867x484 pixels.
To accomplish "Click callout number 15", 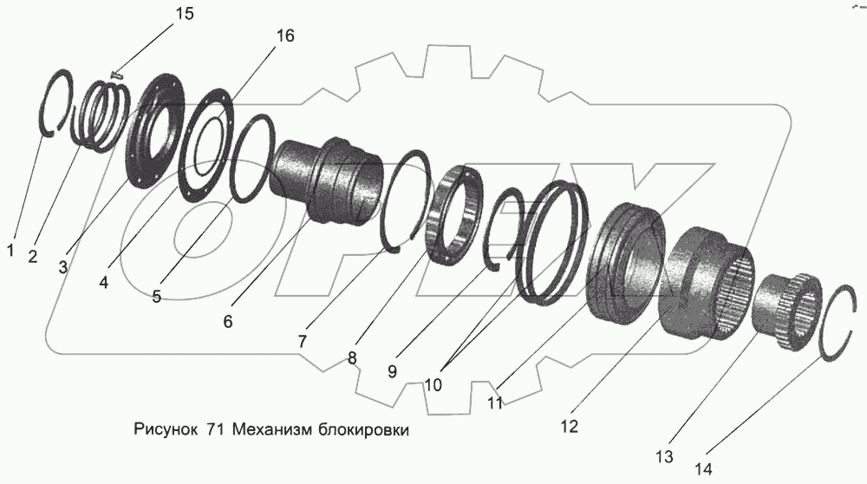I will click(x=184, y=15).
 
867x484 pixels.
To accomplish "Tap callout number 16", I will click(x=284, y=36).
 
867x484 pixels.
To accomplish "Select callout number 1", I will click(x=11, y=251).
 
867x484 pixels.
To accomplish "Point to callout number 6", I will click(x=228, y=321).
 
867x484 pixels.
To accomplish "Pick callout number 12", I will click(x=569, y=426).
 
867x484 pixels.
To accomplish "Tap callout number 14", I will click(x=704, y=469).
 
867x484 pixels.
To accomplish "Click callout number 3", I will click(x=63, y=268).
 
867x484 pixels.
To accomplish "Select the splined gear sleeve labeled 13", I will click(x=785, y=311).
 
